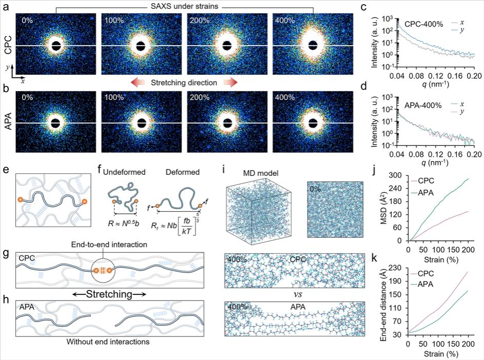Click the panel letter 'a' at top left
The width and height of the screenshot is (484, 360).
(6, 7)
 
